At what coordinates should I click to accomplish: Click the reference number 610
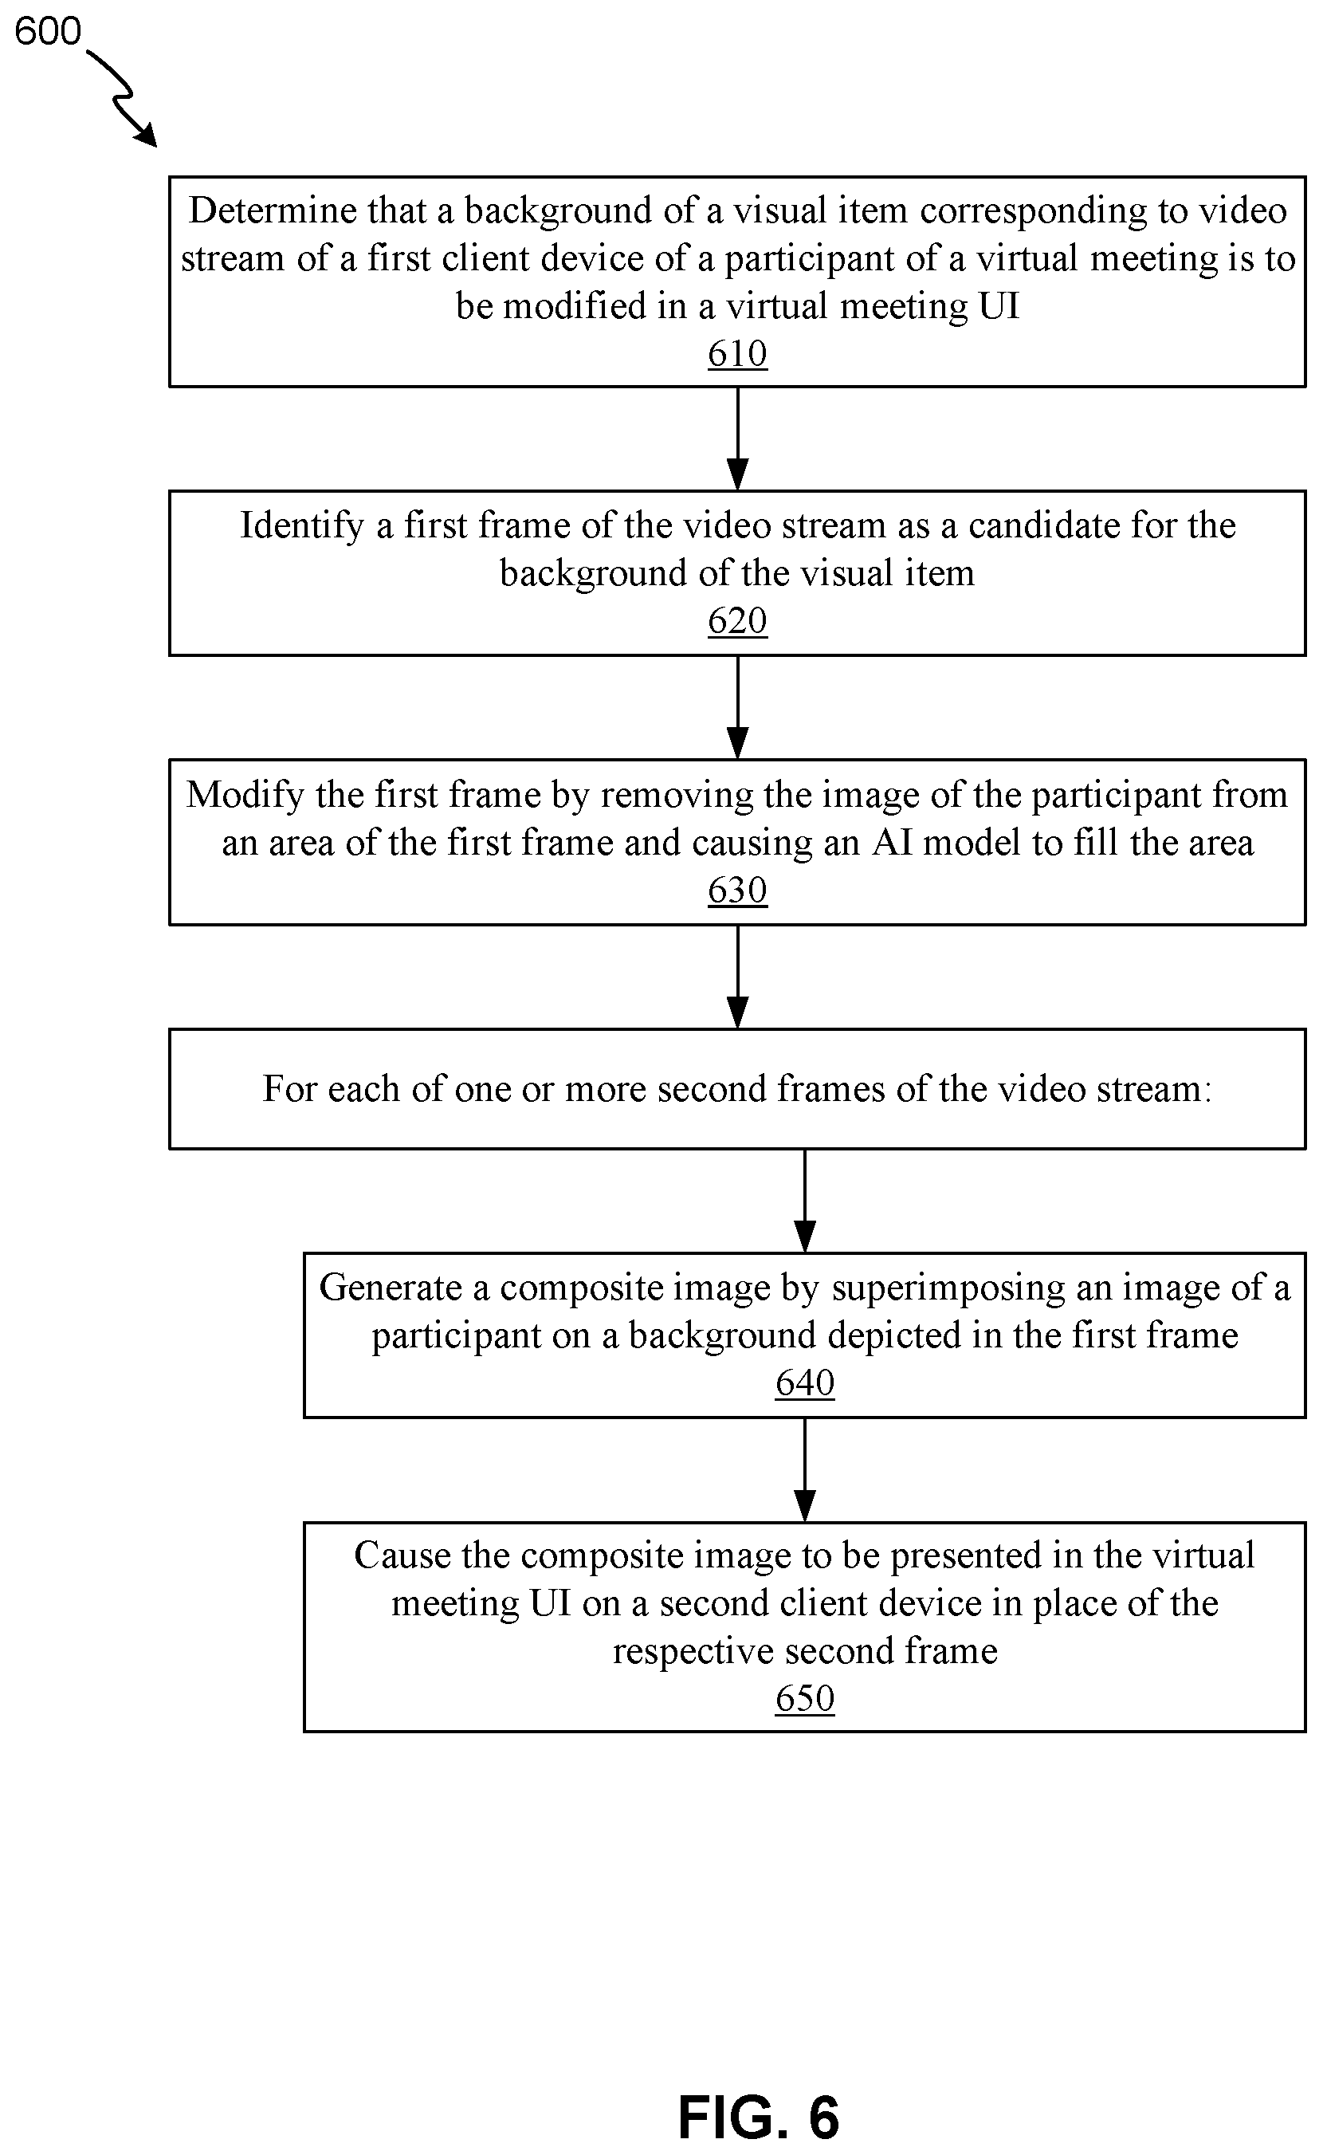(x=738, y=354)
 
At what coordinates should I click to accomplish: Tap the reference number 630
(x=738, y=891)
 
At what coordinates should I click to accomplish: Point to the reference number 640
(x=805, y=1383)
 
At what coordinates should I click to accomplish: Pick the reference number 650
(x=805, y=1698)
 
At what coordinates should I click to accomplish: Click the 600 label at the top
(x=47, y=32)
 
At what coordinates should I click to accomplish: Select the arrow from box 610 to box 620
(x=738, y=438)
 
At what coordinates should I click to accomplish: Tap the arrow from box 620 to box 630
(x=738, y=707)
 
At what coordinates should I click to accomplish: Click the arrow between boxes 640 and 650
(x=805, y=1469)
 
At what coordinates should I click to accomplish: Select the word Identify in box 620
(x=302, y=526)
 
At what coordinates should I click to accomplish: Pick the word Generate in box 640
(x=391, y=1288)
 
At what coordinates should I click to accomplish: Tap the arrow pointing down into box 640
(x=805, y=1201)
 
